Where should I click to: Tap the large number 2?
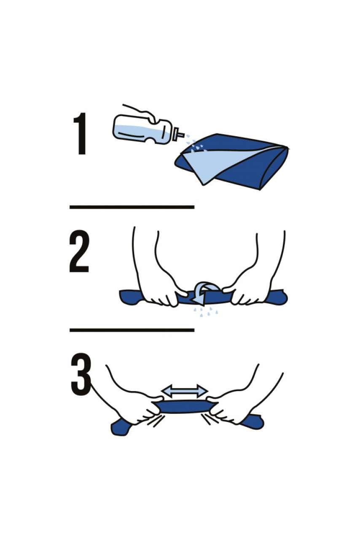click(x=79, y=253)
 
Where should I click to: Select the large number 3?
click(x=81, y=374)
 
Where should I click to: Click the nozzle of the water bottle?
click(x=180, y=135)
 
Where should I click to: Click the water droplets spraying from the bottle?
click(x=195, y=144)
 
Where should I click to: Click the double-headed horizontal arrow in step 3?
click(x=185, y=391)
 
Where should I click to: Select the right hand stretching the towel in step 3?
click(x=234, y=407)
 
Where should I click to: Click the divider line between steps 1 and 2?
click(x=132, y=207)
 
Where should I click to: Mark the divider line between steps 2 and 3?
click(x=132, y=330)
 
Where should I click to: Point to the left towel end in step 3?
click(x=119, y=427)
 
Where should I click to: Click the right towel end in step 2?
click(x=278, y=297)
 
